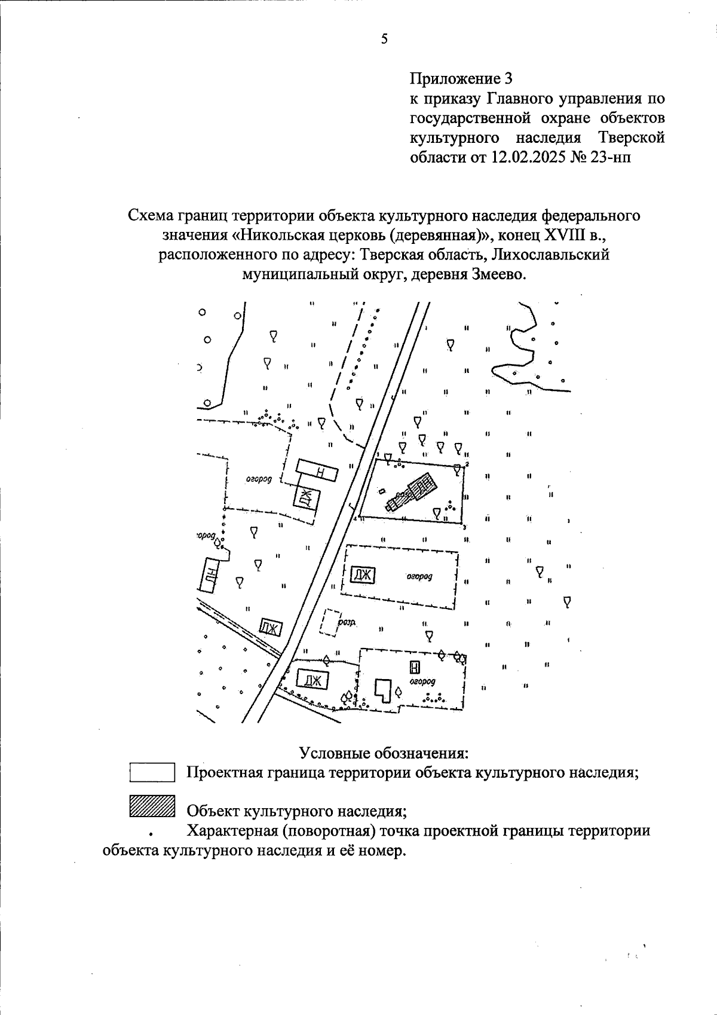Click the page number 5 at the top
point(384,39)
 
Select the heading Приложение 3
point(461,78)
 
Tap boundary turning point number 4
point(360,516)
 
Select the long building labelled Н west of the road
point(317,470)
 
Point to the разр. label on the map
point(347,622)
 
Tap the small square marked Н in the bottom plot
point(413,667)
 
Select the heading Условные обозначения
point(383,752)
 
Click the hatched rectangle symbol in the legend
point(152,806)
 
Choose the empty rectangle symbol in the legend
point(152,772)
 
